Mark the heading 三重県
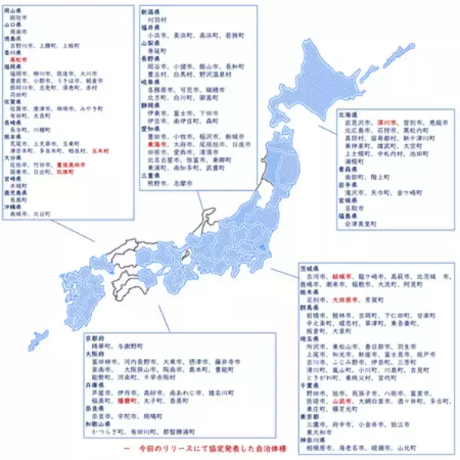151,174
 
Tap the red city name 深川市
384,122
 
